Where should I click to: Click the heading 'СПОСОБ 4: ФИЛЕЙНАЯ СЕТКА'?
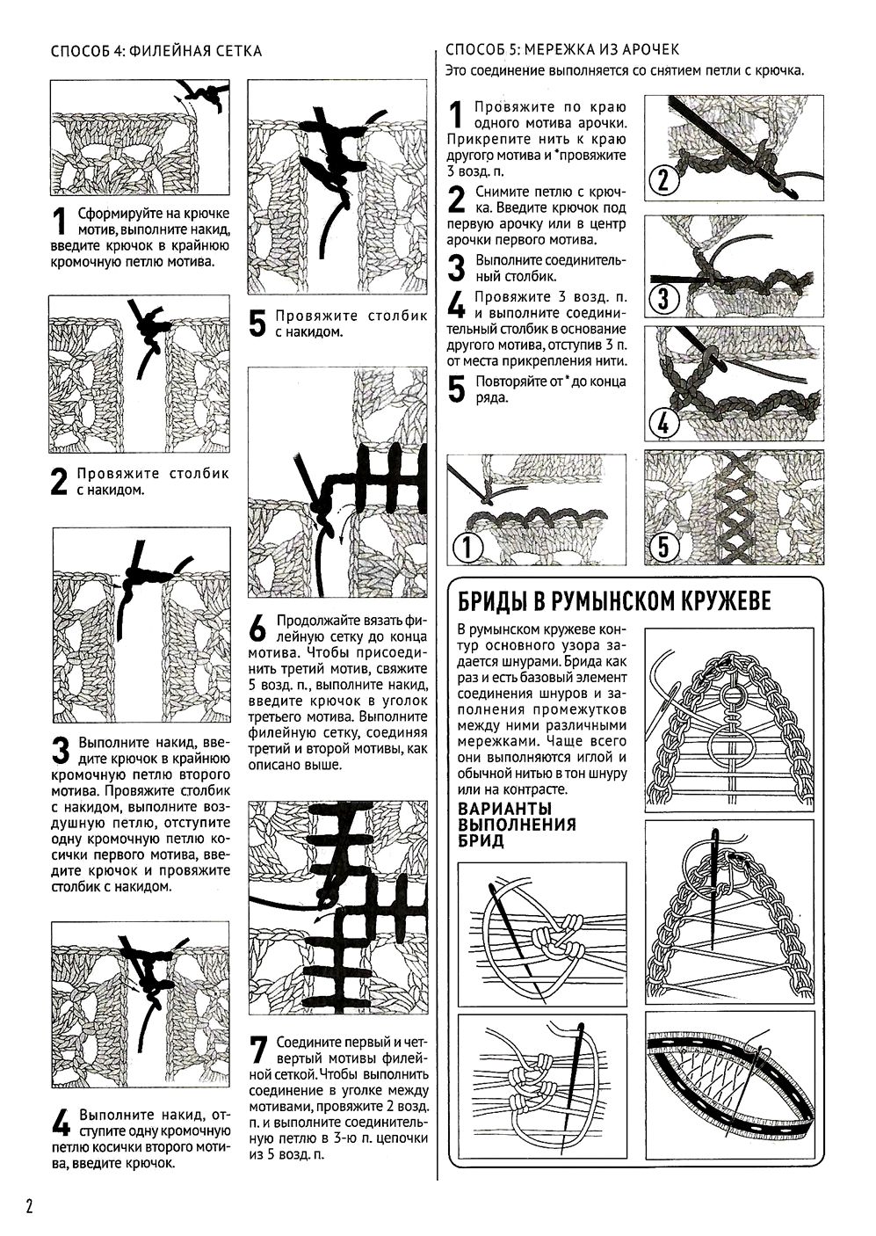click(x=156, y=51)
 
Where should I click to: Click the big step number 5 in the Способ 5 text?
click(x=456, y=389)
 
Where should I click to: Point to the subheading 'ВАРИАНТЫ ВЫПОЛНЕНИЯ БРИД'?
click(x=518, y=824)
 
